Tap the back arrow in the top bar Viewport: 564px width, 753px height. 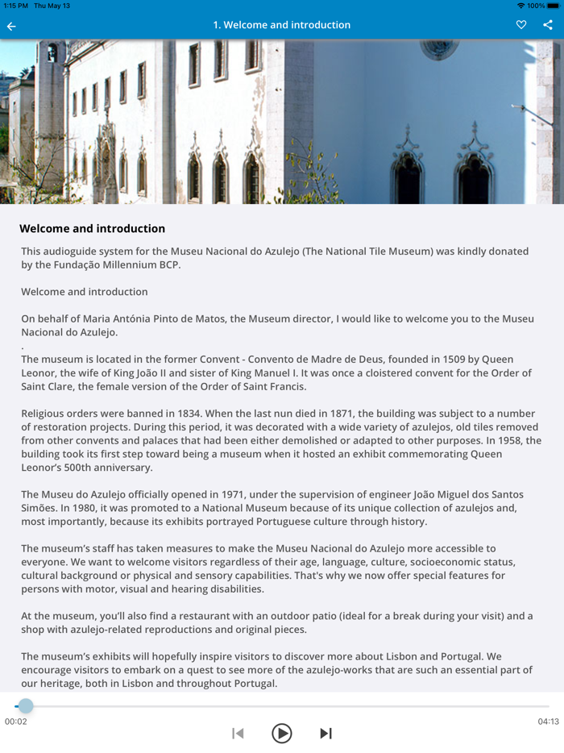point(11,26)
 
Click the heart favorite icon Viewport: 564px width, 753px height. point(521,25)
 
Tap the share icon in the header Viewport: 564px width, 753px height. point(548,25)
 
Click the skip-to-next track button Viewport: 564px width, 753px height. point(326,733)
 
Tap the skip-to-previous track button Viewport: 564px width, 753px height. point(238,733)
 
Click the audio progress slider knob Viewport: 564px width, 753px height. point(26,706)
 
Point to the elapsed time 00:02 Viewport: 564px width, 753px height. point(15,722)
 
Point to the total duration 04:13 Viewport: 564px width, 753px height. point(549,722)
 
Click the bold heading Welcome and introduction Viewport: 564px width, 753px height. point(92,229)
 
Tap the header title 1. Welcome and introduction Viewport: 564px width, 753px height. point(281,25)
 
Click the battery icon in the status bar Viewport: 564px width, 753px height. point(553,6)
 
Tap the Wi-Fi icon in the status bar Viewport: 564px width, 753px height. point(521,6)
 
